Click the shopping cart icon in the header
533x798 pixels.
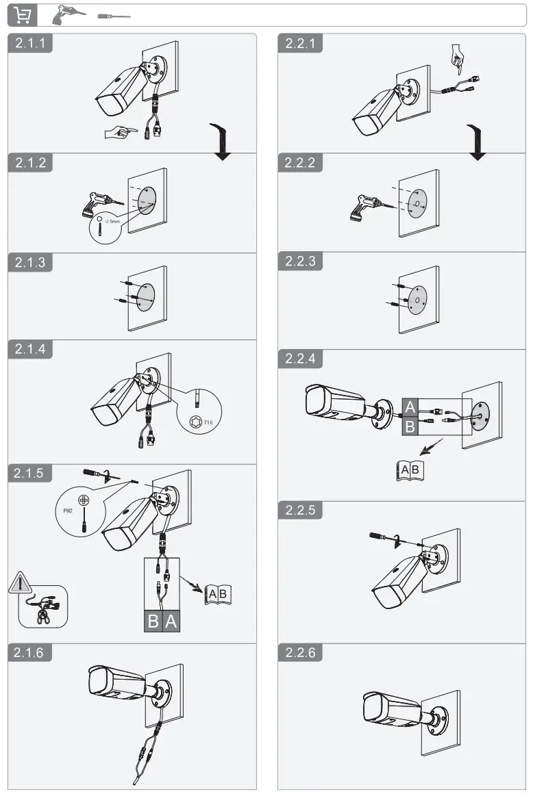point(23,15)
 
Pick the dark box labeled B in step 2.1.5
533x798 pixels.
point(153,621)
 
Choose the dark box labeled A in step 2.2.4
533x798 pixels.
point(409,407)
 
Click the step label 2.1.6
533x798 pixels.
point(30,653)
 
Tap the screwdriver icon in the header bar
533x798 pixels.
point(112,15)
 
